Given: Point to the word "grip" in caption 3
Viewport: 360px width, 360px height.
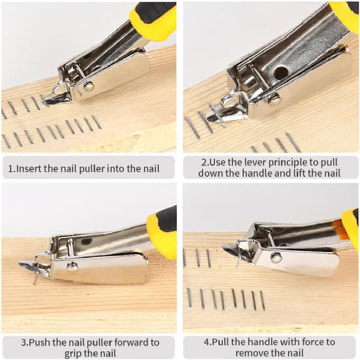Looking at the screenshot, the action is pyautogui.click(x=74, y=354).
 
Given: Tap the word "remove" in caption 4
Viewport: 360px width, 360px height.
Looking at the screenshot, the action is pyautogui.click(x=252, y=353).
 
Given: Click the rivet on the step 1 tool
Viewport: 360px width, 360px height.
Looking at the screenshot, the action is pyautogui.click(x=88, y=86).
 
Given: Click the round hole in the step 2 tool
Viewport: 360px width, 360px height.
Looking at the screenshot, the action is pyautogui.click(x=281, y=73).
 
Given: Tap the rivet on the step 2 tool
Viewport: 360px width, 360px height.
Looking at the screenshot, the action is pyautogui.click(x=274, y=100).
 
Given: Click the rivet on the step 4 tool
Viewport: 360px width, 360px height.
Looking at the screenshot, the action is pyautogui.click(x=276, y=258).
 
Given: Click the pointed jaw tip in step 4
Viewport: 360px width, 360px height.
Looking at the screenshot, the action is pyautogui.click(x=223, y=247).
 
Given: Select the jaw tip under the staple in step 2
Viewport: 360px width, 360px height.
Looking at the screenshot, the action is pyautogui.click(x=208, y=118).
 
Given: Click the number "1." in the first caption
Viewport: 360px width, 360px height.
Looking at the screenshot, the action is pyautogui.click(x=12, y=169).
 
